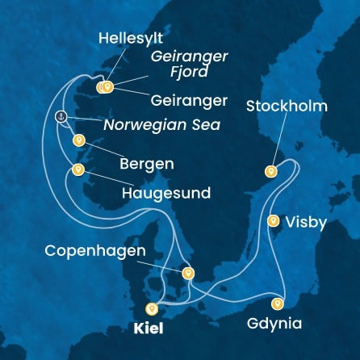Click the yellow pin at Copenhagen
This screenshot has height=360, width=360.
[x=188, y=273]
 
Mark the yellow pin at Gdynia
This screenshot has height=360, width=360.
[x=278, y=303]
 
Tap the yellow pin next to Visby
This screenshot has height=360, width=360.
[x=274, y=220]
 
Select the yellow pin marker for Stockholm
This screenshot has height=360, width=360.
[x=271, y=170]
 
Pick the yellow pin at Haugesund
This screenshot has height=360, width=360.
[x=78, y=170]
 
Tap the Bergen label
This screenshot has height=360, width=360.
[x=146, y=164]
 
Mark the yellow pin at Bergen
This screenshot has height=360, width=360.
[x=78, y=140]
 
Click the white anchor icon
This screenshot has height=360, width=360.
[x=60, y=117]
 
